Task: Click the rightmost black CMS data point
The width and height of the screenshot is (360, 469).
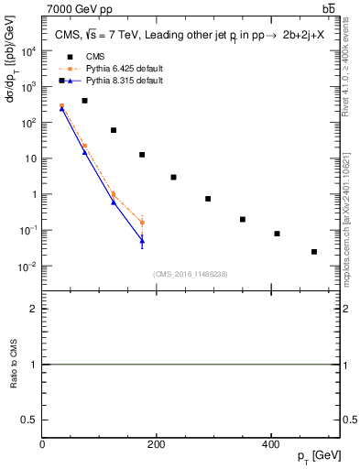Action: (x=314, y=251)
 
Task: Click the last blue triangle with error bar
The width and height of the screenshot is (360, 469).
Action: (x=142, y=240)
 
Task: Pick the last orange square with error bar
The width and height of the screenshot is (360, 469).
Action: (x=142, y=223)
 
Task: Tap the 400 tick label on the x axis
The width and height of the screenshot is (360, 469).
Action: (x=270, y=445)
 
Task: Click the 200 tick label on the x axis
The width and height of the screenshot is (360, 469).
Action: (x=156, y=445)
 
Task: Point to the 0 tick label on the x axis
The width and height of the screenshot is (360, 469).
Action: (x=42, y=445)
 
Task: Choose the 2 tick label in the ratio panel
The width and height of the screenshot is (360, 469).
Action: (x=35, y=310)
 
